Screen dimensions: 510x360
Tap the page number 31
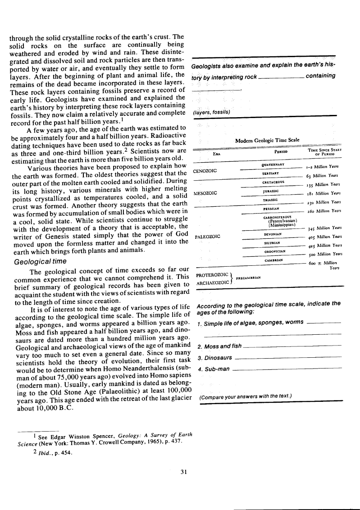coord(183,472)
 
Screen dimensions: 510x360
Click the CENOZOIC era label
coord(205,171)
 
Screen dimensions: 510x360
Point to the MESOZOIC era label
coord(205,193)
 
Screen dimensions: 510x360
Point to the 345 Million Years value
coord(324,228)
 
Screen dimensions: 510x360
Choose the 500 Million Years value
coord(324,254)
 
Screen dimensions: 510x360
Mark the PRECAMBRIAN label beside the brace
coord(248,278)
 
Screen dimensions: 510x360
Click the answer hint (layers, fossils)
coord(211,111)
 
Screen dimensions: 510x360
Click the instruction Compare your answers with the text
coord(245,396)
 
